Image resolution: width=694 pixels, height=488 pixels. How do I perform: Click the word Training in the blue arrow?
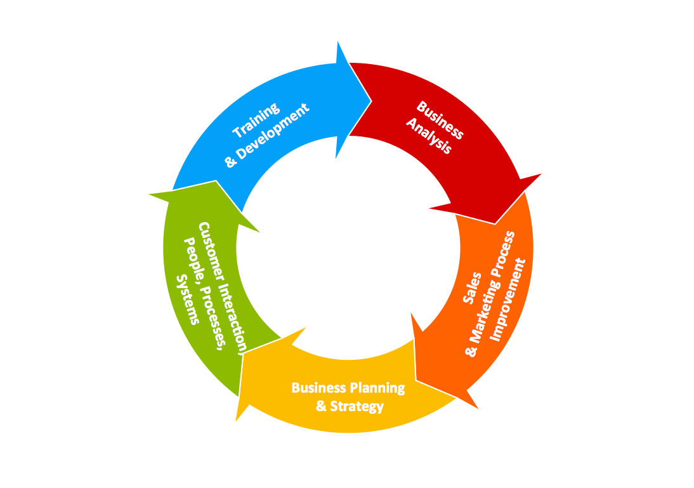coord(256,120)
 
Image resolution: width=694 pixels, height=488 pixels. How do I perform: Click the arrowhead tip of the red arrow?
coord(495,223)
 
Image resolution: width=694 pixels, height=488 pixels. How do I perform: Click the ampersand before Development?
coord(231,162)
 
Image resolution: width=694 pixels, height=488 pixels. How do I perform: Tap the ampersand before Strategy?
coord(322,406)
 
